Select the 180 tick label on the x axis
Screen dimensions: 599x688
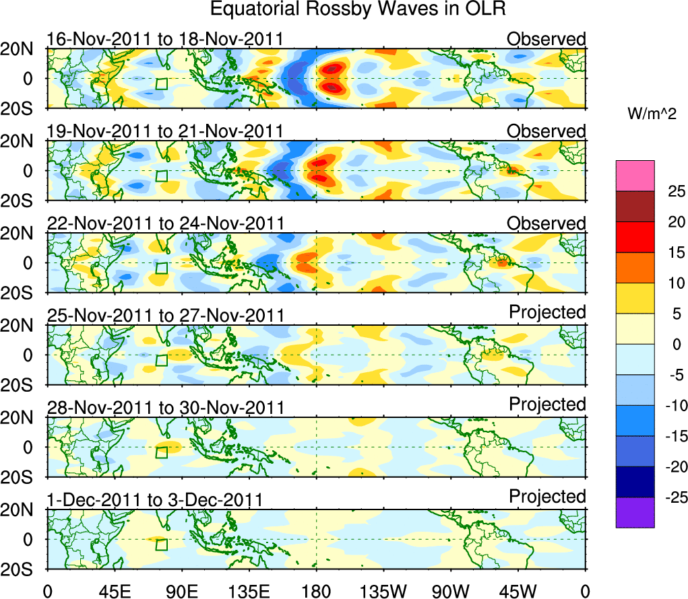click(x=316, y=590)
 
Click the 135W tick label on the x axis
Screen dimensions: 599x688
click(x=383, y=590)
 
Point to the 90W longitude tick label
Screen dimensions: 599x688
click(x=451, y=590)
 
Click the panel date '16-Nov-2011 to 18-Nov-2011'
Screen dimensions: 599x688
click(x=165, y=39)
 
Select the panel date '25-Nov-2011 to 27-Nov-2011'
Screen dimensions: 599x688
click(x=165, y=315)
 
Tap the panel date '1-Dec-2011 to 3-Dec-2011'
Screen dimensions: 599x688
click(x=155, y=499)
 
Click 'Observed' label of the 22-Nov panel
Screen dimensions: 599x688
click(x=546, y=223)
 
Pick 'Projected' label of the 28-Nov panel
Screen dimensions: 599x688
click(x=547, y=404)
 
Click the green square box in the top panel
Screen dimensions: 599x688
click(x=161, y=83)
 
